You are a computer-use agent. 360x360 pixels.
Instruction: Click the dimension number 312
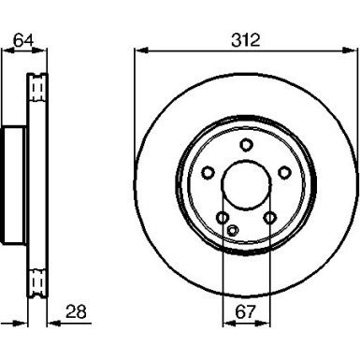pyautogui.click(x=246, y=40)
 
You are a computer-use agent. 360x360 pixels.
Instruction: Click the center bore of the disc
pyautogui.click(x=246, y=182)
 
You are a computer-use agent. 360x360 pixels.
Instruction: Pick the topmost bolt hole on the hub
pyautogui.click(x=246, y=144)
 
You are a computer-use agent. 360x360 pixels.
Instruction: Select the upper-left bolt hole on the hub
pyautogui.click(x=209, y=171)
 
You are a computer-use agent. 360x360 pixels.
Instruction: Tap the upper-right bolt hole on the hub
pyautogui.click(x=282, y=171)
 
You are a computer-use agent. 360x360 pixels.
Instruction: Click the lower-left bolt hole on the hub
pyautogui.click(x=223, y=218)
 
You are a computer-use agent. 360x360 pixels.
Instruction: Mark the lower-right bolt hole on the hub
pyautogui.click(x=269, y=218)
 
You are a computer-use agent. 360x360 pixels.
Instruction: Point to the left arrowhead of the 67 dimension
pyautogui.click(x=224, y=324)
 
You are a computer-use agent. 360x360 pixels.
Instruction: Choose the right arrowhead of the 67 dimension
pyautogui.click(x=267, y=324)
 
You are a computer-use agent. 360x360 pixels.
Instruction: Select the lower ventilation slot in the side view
pyautogui.click(x=37, y=280)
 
